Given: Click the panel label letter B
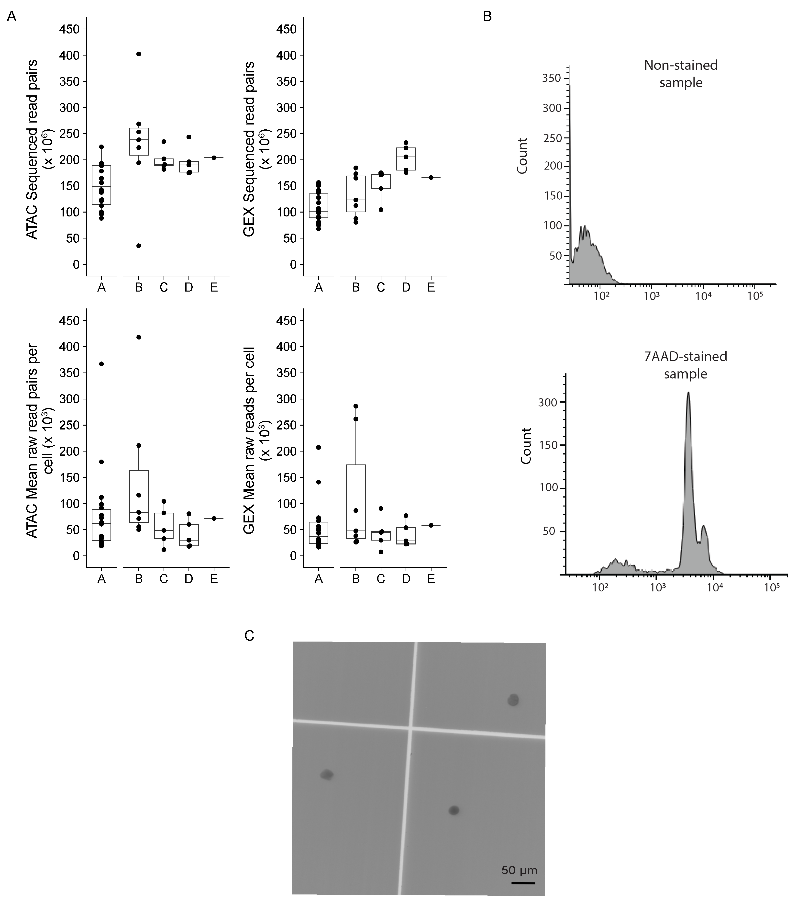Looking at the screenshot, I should (487, 16).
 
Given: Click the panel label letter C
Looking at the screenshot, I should (249, 635).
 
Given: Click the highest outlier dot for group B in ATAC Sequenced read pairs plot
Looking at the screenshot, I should (138, 54).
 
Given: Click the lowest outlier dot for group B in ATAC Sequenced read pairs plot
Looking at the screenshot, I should (138, 246).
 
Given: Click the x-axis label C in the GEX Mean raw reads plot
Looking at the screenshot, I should (381, 579).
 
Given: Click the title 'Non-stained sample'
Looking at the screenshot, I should (681, 74).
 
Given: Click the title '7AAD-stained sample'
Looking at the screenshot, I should (685, 365).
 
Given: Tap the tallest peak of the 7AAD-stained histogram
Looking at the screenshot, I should (688, 393).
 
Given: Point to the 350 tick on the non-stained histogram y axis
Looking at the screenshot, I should (552, 78).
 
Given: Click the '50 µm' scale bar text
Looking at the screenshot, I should (520, 870).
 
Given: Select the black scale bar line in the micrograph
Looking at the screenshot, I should (523, 883).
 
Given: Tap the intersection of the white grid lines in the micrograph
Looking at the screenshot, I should (411, 728).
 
